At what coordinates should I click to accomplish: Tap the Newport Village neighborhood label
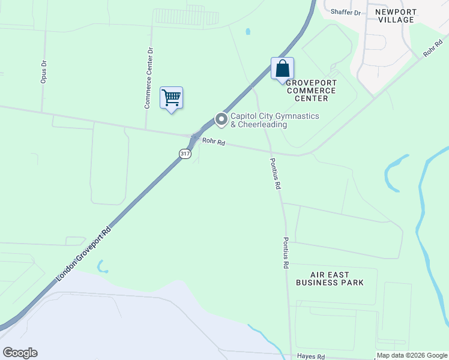click(x=395, y=16)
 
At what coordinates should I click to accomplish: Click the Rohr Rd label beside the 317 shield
click(x=213, y=142)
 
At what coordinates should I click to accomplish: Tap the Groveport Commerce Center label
click(x=310, y=90)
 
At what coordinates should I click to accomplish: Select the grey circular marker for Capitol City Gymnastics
click(x=221, y=119)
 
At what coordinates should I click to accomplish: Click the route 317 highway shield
click(x=185, y=154)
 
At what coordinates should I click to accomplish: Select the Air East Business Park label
click(x=330, y=278)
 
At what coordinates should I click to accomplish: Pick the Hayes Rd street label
click(x=311, y=356)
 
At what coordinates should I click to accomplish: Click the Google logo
click(x=20, y=353)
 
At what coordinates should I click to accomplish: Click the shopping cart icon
click(x=171, y=97)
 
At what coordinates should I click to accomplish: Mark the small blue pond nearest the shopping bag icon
click(x=248, y=31)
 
